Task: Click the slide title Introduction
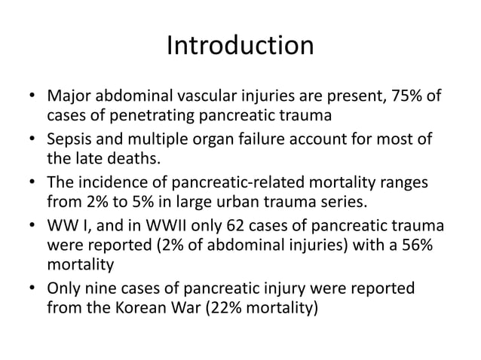tap(240, 46)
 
